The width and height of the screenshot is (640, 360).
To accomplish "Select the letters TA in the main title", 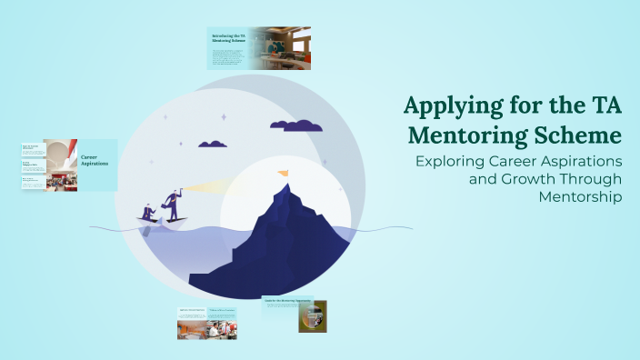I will click(600, 106).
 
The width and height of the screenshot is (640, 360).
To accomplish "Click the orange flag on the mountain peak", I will click(284, 172).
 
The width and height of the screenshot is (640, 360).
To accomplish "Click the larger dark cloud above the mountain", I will click(296, 125).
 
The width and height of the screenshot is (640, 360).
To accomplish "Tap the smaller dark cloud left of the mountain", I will click(213, 143).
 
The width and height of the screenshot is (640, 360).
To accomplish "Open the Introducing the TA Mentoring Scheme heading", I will click(228, 37).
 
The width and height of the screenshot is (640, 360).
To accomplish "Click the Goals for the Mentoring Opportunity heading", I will click(287, 299).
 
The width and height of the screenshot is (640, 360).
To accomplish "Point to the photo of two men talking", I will click(222, 330).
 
